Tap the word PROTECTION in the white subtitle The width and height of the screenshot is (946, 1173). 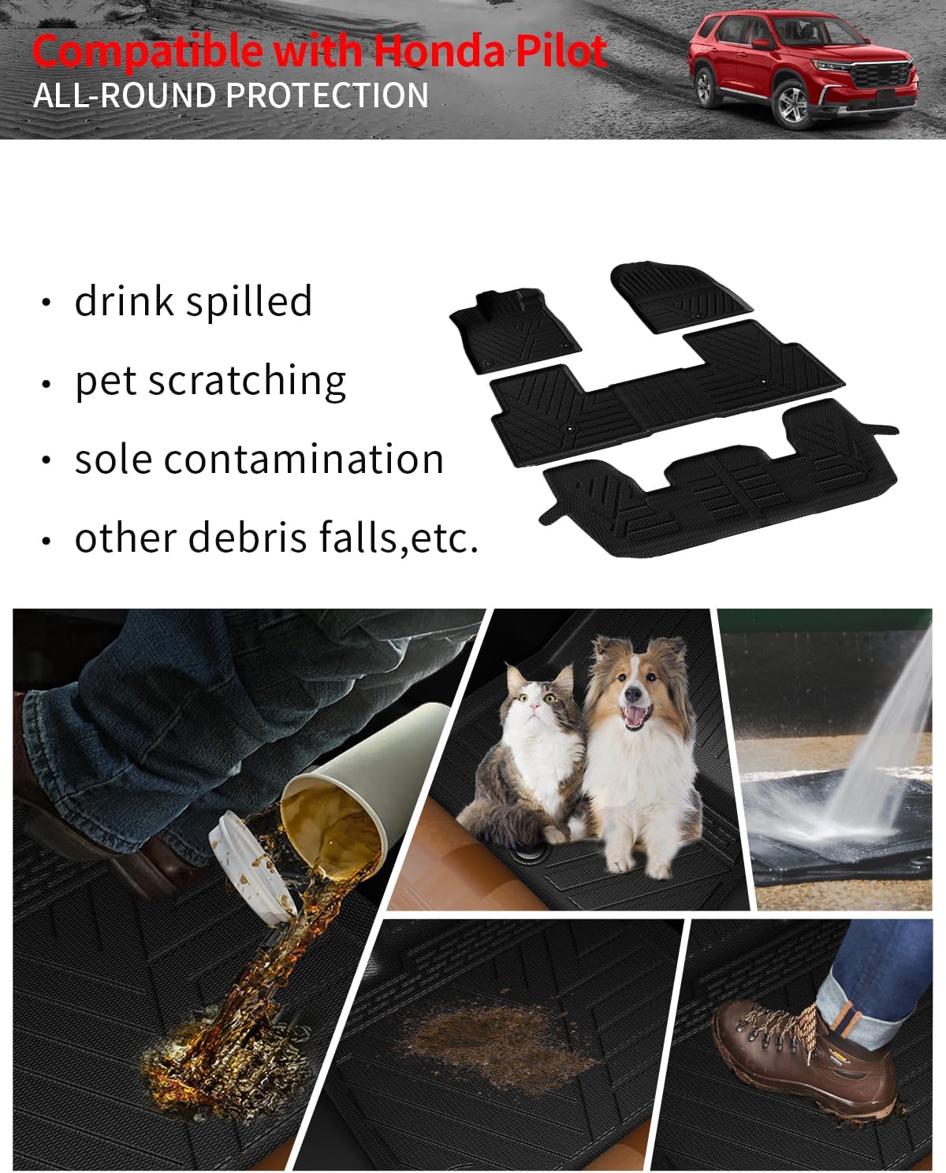click(x=327, y=95)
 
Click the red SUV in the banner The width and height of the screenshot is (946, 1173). click(x=803, y=69)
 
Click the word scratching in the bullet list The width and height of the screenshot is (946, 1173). click(x=247, y=381)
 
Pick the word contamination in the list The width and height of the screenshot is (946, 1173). click(x=304, y=460)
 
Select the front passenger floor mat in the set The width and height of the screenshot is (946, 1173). click(x=679, y=297)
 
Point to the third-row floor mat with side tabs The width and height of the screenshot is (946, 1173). click(x=720, y=479)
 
